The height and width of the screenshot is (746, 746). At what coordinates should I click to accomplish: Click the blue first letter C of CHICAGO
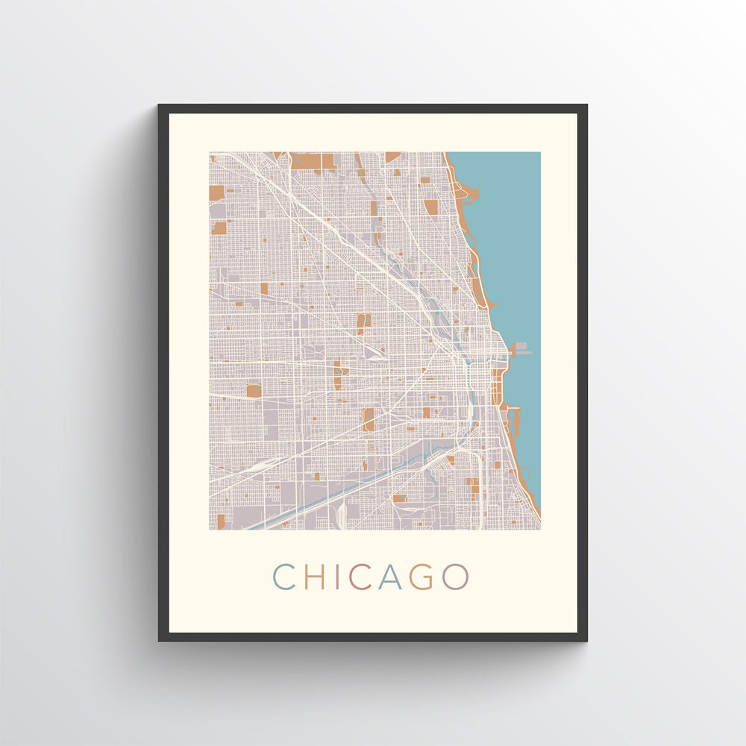(x=283, y=576)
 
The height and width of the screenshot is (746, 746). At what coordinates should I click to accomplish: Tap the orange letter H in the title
(x=316, y=576)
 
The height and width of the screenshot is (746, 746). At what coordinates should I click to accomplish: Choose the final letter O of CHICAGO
(x=455, y=576)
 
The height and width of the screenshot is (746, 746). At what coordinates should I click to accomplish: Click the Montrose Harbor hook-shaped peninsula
(x=468, y=194)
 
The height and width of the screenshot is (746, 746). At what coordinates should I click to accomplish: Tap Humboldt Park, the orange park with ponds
(x=364, y=323)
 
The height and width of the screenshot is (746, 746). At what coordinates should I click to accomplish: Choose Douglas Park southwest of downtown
(x=368, y=419)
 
